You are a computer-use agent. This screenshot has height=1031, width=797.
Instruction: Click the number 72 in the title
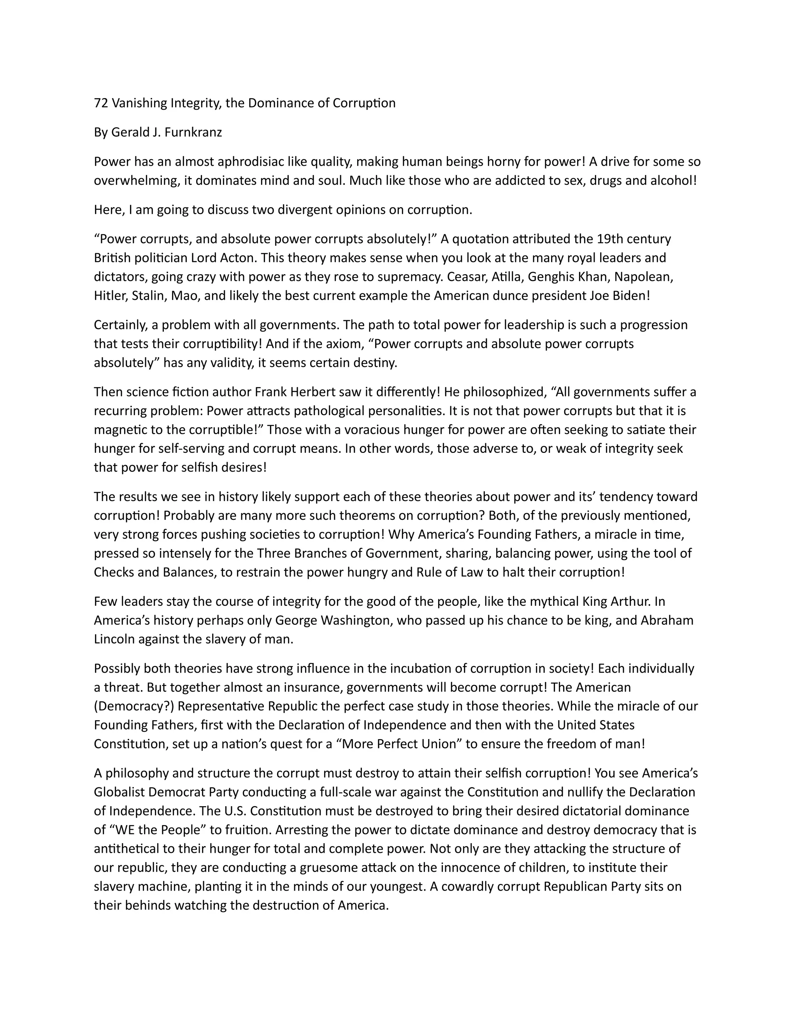pyautogui.click(x=100, y=103)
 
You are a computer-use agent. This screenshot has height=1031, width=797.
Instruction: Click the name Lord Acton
pyautogui.click(x=224, y=258)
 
